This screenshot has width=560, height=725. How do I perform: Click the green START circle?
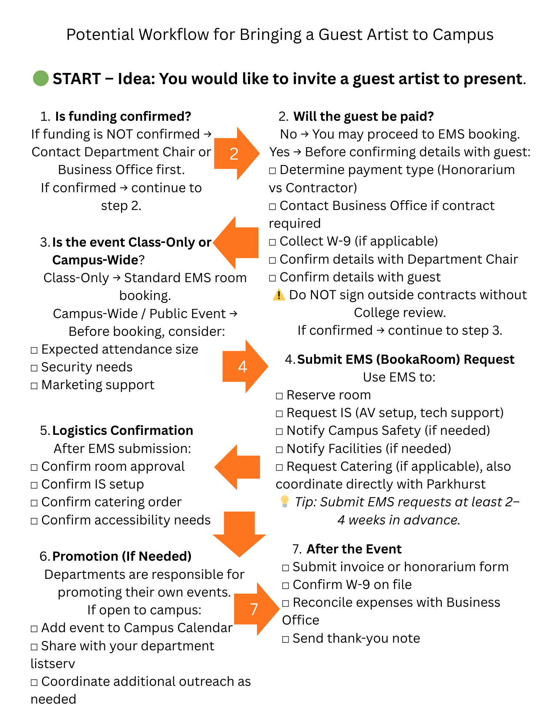point(41,78)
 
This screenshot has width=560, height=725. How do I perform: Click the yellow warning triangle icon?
point(278,295)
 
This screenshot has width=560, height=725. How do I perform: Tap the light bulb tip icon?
point(285,501)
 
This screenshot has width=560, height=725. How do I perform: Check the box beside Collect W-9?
point(273,242)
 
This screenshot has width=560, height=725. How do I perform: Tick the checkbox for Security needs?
point(34,368)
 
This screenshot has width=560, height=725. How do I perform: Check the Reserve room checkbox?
point(279,396)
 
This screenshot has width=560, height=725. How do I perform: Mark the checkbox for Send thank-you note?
point(286,639)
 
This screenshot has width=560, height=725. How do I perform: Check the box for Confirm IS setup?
point(34,485)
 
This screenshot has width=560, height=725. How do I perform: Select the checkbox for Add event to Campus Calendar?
point(34,629)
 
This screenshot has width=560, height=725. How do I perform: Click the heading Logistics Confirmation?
point(123,431)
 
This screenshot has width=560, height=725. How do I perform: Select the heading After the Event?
point(354,549)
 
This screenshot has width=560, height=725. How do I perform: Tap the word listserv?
point(53,664)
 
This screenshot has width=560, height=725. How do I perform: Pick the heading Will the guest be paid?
point(364,116)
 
